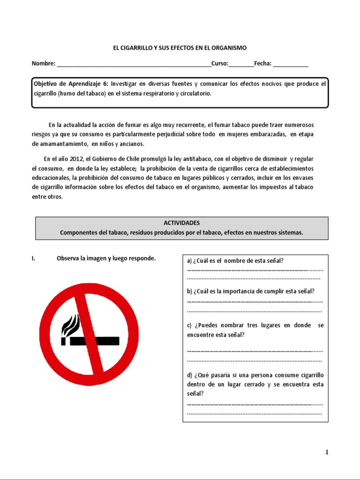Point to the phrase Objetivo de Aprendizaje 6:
click(71, 84)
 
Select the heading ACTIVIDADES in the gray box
click(182, 223)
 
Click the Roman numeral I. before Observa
click(34, 258)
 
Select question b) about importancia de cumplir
click(250, 291)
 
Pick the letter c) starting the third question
click(189, 325)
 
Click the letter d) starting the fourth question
click(189, 375)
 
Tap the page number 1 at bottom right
click(327, 452)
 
